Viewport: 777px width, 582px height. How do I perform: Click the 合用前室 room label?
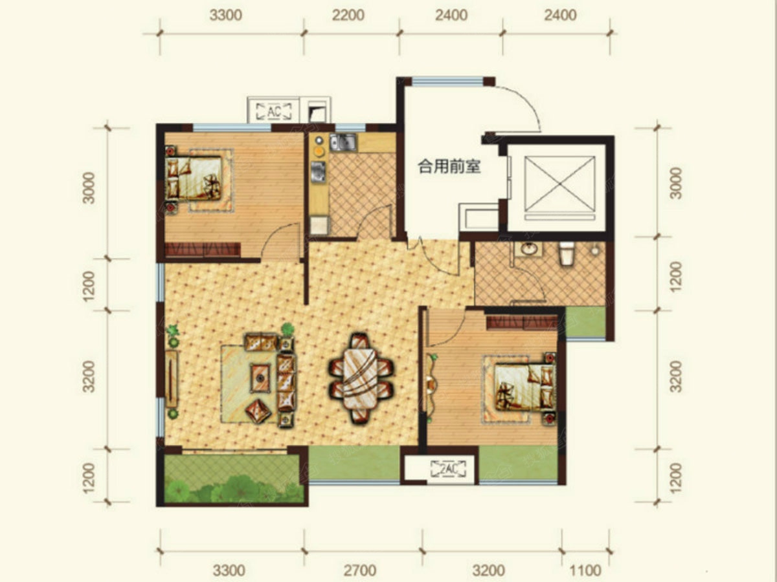449,166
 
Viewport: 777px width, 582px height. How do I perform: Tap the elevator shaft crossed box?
559,184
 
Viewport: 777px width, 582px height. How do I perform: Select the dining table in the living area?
361,378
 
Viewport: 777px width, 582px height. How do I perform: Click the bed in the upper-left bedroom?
194,177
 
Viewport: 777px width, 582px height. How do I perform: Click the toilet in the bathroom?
567,253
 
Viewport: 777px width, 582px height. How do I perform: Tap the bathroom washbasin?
530,249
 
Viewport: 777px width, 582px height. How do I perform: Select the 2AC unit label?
449,469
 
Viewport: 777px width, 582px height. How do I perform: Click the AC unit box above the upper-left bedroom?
274,111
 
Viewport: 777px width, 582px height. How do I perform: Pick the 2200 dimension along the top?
348,16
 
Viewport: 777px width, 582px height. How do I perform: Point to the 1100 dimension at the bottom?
585,571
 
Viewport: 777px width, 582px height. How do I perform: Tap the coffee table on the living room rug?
260,378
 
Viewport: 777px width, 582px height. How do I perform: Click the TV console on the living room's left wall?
172,378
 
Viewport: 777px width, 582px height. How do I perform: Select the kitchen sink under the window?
343,142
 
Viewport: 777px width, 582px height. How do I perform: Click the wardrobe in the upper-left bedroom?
203,249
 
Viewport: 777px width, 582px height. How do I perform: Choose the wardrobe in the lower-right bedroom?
522,322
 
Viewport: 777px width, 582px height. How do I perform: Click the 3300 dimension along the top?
226,16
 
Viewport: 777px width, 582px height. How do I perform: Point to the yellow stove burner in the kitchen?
319,152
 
